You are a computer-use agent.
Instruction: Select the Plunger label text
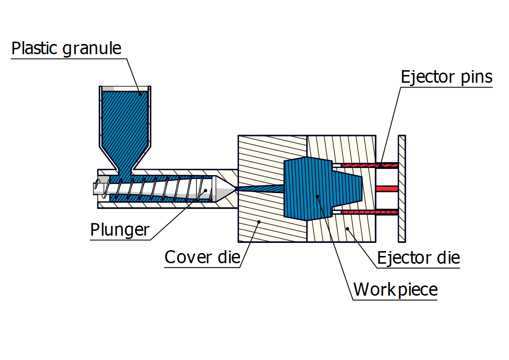coord(120,230)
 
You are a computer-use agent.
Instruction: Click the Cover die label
coord(202,256)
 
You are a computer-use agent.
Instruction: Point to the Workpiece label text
coord(395,289)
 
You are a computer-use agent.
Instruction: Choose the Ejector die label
coord(419,257)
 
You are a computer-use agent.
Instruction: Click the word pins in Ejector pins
coord(472,76)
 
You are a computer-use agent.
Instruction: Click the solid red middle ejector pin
coord(387,188)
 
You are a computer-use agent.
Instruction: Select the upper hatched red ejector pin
coord(370,165)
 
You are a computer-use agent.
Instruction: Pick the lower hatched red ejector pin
coord(370,212)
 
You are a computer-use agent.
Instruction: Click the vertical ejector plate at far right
coord(402,189)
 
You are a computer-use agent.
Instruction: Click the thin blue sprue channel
coord(259,189)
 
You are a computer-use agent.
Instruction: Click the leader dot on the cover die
coord(259,222)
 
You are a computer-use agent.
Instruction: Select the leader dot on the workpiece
coord(317,196)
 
